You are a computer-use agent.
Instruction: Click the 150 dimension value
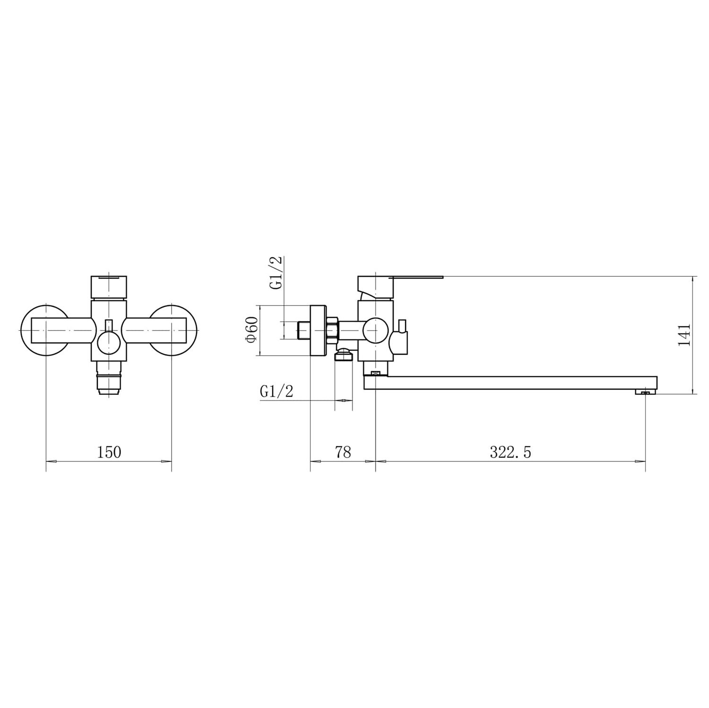pos(109,452)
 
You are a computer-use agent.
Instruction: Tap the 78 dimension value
pos(343,452)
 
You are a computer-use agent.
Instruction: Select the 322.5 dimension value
pos(510,452)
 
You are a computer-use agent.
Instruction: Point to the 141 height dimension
pos(684,335)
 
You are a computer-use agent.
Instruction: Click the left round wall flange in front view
pos(46,330)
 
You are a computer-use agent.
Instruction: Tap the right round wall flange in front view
pos(172,330)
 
